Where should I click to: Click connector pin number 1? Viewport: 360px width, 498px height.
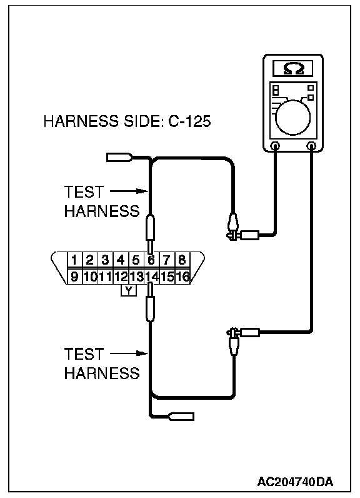(74, 260)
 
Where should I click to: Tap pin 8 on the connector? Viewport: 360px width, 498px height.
(182, 260)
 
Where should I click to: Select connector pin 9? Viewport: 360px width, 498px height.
(74, 277)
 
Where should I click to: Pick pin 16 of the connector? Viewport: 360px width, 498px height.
(182, 277)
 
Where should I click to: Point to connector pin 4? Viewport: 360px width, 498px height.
(121, 260)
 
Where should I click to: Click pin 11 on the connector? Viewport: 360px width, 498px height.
(105, 277)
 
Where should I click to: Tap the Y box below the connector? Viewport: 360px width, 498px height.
(129, 291)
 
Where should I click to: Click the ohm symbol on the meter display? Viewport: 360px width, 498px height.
(293, 68)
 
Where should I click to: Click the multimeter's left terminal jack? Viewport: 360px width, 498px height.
(274, 146)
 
